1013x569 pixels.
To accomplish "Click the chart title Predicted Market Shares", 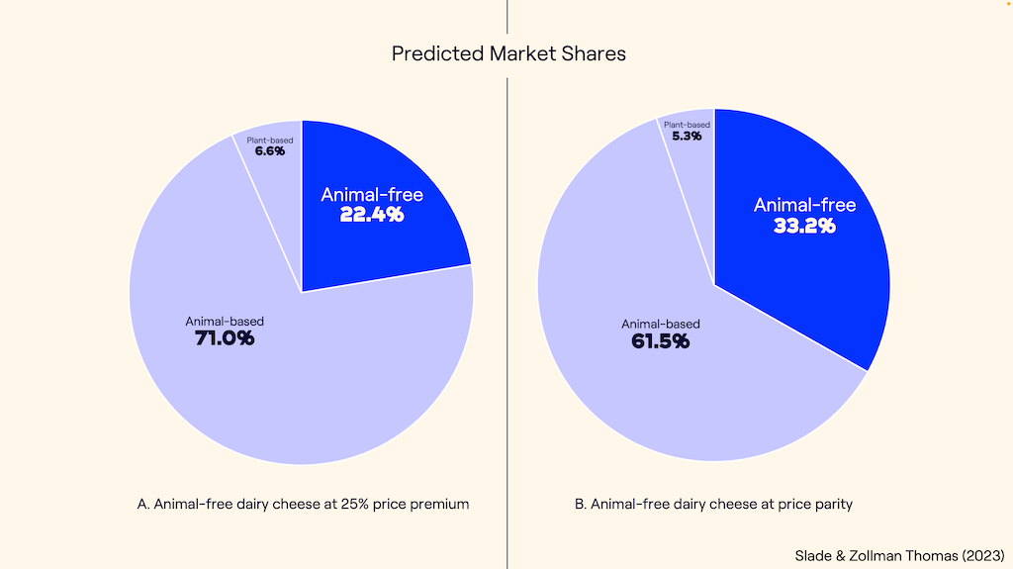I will (x=508, y=53).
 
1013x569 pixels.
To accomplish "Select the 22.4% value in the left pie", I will (x=372, y=214).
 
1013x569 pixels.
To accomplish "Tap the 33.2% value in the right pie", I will (x=804, y=225).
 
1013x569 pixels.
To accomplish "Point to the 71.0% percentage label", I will (x=225, y=338).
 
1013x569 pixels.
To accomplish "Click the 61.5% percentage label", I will (x=660, y=341).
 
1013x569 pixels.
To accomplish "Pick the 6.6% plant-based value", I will (x=269, y=151).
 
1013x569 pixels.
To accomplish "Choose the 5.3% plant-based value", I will (x=686, y=136).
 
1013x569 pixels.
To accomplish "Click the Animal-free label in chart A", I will (x=372, y=194).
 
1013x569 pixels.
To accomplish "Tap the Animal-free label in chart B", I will (x=804, y=205).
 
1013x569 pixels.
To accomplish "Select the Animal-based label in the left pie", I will (x=225, y=321).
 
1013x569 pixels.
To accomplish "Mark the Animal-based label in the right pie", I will (x=660, y=324).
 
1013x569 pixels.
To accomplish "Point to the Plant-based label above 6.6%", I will (x=270, y=141).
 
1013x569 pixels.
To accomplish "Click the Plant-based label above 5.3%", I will (x=687, y=125).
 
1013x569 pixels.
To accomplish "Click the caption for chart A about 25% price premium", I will (x=303, y=504).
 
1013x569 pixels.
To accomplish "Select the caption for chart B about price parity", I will (x=713, y=504).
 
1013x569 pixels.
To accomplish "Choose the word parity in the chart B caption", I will (x=831, y=504).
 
